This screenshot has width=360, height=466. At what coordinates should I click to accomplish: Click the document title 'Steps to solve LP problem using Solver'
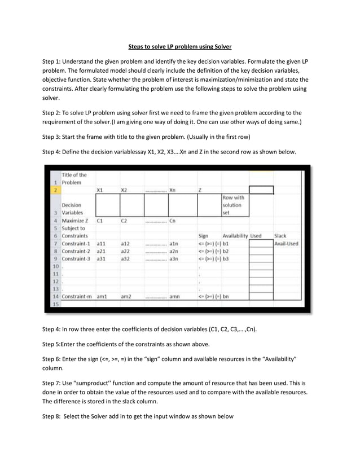179,46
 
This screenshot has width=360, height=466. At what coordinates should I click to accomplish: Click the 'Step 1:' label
55,61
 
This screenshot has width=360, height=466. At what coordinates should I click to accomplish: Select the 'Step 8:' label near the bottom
55,416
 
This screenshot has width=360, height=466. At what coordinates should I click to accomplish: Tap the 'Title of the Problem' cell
74,178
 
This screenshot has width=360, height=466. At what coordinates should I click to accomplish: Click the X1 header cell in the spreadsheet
100,190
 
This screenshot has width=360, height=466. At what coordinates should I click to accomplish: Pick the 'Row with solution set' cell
234,205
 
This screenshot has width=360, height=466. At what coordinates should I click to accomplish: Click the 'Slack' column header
280,236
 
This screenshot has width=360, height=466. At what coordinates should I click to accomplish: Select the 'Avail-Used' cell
286,244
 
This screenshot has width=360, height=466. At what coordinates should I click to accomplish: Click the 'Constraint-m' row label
77,296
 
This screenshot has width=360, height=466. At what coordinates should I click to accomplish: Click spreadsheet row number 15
55,304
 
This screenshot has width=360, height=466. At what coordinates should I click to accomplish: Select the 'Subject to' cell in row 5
73,228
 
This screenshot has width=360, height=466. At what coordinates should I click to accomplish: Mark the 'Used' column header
256,236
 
